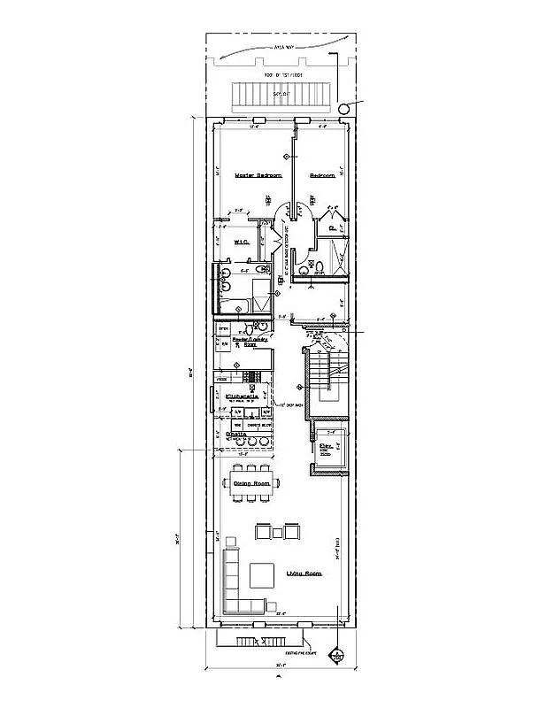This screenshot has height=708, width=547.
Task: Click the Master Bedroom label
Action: [x=258, y=176]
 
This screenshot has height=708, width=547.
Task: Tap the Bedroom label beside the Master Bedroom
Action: [x=322, y=176]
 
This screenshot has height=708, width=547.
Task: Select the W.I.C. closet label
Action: [x=239, y=241]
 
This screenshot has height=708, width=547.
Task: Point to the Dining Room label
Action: [x=250, y=482]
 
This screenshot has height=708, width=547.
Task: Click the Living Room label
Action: [x=304, y=574]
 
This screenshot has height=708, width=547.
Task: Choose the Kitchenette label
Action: [x=241, y=396]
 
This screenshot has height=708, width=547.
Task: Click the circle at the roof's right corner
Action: [x=343, y=108]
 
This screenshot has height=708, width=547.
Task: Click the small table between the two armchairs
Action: [x=278, y=532]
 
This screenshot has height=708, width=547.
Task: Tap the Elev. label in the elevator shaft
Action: [x=325, y=446]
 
